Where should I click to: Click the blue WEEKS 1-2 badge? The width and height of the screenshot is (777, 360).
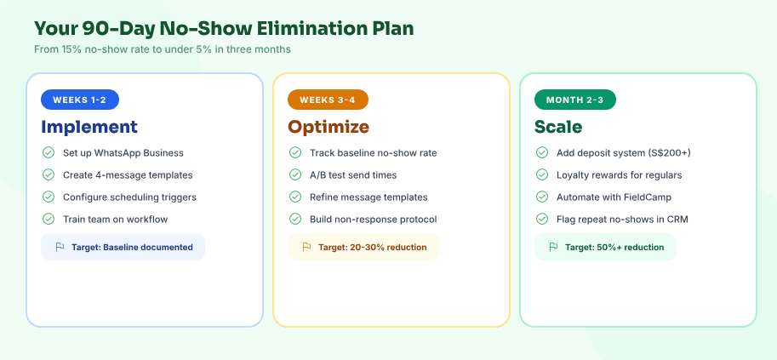(x=80, y=100)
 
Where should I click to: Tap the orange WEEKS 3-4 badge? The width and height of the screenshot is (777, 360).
(x=328, y=100)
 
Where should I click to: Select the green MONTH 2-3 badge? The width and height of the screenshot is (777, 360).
(x=574, y=100)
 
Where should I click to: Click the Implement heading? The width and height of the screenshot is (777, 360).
(x=89, y=127)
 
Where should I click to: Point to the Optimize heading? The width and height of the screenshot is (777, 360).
(x=329, y=127)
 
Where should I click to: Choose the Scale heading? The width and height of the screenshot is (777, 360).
(x=558, y=127)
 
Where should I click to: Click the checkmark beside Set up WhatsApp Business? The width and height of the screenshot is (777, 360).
(x=49, y=152)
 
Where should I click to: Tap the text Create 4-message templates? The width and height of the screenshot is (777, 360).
(x=128, y=174)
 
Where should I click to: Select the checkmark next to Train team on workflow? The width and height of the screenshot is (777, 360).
(x=49, y=219)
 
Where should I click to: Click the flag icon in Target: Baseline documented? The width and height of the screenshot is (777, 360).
(x=60, y=247)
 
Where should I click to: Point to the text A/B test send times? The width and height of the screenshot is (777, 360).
(x=354, y=174)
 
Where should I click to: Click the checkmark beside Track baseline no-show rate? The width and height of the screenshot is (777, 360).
(x=295, y=152)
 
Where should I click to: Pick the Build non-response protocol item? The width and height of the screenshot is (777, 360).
(x=374, y=219)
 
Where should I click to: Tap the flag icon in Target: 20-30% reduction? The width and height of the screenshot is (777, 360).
(x=306, y=247)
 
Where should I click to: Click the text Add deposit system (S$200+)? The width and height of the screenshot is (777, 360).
(x=624, y=152)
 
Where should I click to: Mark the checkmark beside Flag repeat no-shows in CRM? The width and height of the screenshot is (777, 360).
(x=542, y=219)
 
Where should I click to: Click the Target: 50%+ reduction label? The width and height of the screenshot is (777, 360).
(x=614, y=247)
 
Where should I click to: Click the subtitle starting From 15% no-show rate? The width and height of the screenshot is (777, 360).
(x=163, y=49)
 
